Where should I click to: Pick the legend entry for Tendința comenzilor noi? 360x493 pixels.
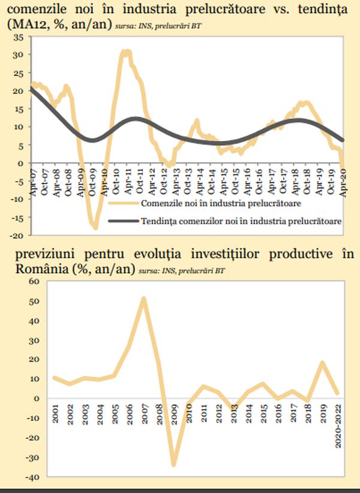(235, 221)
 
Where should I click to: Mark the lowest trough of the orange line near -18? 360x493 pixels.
(95, 228)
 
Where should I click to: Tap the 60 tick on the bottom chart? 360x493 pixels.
(32, 281)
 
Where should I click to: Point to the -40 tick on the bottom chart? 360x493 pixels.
(30, 477)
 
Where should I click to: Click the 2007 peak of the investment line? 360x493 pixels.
(144, 298)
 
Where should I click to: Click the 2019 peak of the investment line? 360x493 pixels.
(323, 362)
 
